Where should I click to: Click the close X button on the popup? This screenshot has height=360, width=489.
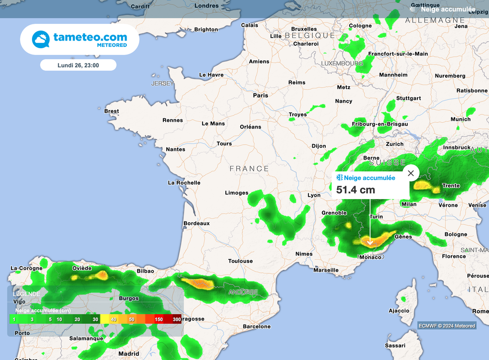pyautogui.click(x=411, y=173)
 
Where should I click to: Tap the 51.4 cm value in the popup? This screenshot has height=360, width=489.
pyautogui.click(x=356, y=190)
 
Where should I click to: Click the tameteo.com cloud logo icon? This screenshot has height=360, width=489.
pyautogui.click(x=41, y=39)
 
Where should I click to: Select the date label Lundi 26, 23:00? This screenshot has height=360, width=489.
pyautogui.click(x=78, y=65)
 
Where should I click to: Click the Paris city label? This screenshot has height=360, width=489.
pyautogui.click(x=260, y=95)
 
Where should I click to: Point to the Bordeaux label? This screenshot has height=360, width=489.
pyautogui.click(x=197, y=223)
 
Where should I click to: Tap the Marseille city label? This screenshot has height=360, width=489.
pyautogui.click(x=326, y=270)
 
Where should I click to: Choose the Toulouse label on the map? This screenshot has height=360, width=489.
pyautogui.click(x=240, y=261)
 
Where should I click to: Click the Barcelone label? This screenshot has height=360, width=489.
pyautogui.click(x=257, y=327)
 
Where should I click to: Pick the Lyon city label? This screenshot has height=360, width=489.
pyautogui.click(x=314, y=195)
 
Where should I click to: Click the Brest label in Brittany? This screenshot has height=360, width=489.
pyautogui.click(x=112, y=111)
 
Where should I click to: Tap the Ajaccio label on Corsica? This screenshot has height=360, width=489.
pyautogui.click(x=399, y=311)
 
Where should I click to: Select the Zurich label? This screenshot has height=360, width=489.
pyautogui.click(x=394, y=144)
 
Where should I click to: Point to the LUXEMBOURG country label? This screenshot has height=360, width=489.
pyautogui.click(x=342, y=64)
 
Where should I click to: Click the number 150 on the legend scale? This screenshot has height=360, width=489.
pyautogui.click(x=159, y=318)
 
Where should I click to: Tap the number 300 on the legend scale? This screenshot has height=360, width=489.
pyautogui.click(x=177, y=318)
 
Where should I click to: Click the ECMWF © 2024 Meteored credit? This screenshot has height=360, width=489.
pyautogui.click(x=446, y=326)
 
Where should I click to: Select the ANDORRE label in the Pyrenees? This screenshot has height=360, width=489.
pyautogui.click(x=243, y=292)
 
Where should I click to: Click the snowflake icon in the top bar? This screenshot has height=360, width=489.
pyautogui.click(x=413, y=9)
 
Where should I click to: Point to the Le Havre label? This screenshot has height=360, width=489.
pyautogui.click(x=211, y=75)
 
